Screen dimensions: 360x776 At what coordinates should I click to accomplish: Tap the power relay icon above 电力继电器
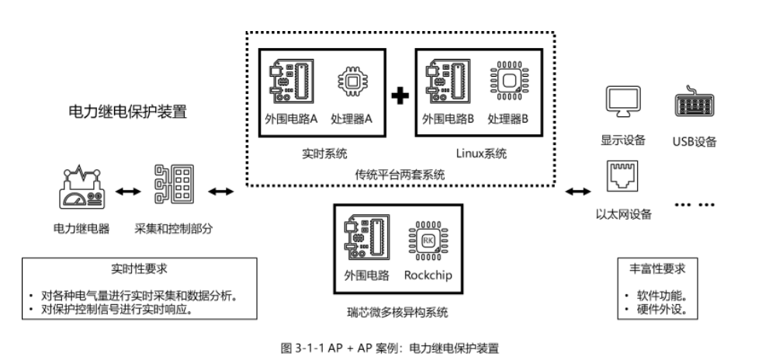click(x=81, y=188)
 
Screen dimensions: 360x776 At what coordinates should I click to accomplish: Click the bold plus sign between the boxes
click(x=400, y=96)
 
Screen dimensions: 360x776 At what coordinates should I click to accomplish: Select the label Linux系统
click(x=480, y=154)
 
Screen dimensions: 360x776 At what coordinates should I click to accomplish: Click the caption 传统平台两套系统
click(x=400, y=175)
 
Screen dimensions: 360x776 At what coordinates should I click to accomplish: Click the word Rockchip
click(x=428, y=275)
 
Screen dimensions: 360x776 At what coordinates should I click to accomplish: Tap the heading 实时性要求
click(x=139, y=271)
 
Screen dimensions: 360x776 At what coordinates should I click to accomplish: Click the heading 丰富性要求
click(x=656, y=271)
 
